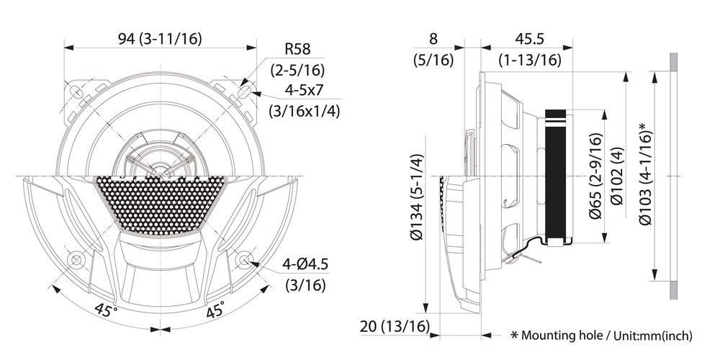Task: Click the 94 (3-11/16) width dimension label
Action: click(160, 39)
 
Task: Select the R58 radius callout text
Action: click(297, 49)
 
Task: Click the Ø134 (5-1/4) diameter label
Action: click(417, 197)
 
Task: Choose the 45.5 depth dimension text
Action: click(529, 39)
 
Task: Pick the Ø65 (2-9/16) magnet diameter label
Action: click(595, 176)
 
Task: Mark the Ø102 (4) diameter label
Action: click(617, 176)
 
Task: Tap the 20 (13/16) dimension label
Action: click(395, 326)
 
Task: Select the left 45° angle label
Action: click(107, 310)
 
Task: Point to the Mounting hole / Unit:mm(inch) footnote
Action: click(601, 336)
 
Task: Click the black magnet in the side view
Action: click(556, 176)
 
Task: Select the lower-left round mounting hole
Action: click(76, 261)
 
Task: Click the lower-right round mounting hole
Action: click(244, 261)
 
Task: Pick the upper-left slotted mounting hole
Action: click(76, 92)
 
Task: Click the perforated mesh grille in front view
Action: click(160, 204)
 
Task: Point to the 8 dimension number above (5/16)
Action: click(433, 39)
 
